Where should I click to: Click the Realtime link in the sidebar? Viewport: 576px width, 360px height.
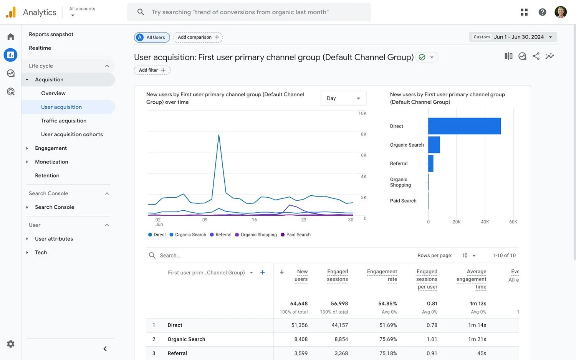coord(40,48)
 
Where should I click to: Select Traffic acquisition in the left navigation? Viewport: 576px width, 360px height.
coord(64,121)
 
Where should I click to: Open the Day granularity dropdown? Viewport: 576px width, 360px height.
coord(343,98)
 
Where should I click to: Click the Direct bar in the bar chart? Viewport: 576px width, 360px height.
coord(464,126)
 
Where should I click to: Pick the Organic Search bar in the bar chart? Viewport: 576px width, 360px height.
coord(434,145)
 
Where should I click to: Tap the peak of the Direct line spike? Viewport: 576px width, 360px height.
coord(219,135)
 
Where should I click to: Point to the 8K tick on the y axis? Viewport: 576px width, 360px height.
coord(363,134)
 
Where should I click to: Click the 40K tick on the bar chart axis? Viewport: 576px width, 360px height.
coord(485,222)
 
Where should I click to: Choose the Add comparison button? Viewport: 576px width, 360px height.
coord(198,37)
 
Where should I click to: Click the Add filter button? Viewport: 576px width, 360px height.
coord(152,70)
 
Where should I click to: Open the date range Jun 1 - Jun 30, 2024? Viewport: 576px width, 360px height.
coord(513,37)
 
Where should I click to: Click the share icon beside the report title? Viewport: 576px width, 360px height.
coord(536,56)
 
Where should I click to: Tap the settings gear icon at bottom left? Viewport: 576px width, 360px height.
coord(11,344)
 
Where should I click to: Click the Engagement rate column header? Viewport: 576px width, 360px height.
coord(382,275)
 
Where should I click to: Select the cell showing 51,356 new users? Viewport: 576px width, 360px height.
coord(299,325)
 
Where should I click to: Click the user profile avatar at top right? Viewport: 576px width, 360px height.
coord(561,12)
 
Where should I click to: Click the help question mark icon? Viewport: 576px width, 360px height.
coord(542,12)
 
